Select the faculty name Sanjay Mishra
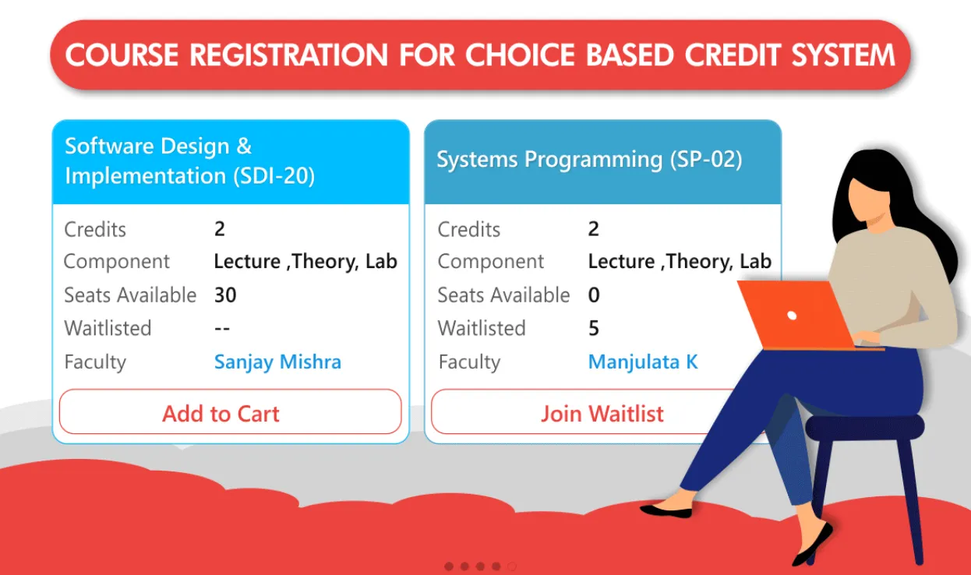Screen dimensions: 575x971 pyautogui.click(x=277, y=362)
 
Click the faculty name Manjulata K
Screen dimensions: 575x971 pyautogui.click(x=643, y=362)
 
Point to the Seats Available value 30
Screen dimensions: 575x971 pyautogui.click(x=225, y=295)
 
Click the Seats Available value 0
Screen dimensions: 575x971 pyautogui.click(x=594, y=295)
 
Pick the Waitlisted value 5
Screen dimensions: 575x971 pyautogui.click(x=594, y=328)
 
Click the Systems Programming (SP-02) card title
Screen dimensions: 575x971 pyautogui.click(x=588, y=160)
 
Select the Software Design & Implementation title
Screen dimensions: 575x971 pyautogui.click(x=189, y=161)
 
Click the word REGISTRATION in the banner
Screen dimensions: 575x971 pyautogui.click(x=289, y=55)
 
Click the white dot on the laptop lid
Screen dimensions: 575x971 pyautogui.click(x=792, y=316)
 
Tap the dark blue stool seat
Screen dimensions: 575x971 pyautogui.click(x=864, y=427)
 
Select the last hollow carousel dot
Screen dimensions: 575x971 pyautogui.click(x=512, y=566)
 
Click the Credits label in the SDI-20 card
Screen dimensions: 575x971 pyautogui.click(x=94, y=229)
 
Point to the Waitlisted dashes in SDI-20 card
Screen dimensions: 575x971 pyautogui.click(x=222, y=328)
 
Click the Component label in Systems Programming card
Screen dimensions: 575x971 pyautogui.click(x=490, y=262)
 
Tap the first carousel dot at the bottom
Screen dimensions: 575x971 pyautogui.click(x=449, y=566)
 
